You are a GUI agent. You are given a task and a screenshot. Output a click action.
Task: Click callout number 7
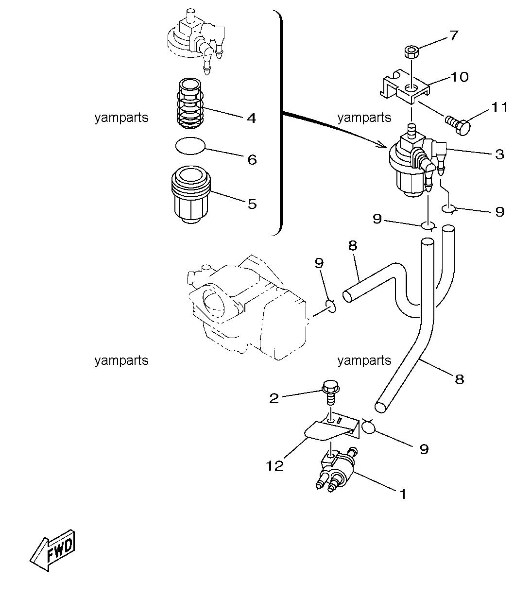coord(453,35)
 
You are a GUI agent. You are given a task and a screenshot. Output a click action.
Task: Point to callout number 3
coord(499,154)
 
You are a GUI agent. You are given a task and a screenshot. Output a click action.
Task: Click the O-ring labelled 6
coord(189,145)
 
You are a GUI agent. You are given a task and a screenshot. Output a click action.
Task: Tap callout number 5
coord(252,204)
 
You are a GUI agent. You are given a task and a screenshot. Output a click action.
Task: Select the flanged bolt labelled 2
coord(330,393)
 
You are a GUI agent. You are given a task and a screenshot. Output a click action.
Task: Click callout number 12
coord(274,466)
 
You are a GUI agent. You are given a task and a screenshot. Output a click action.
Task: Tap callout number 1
coord(402,495)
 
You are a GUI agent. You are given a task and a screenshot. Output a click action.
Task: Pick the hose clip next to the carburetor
coord(330,306)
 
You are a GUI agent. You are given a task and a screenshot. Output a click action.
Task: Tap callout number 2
coord(274,398)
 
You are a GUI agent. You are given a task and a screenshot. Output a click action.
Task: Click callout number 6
coord(252,160)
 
